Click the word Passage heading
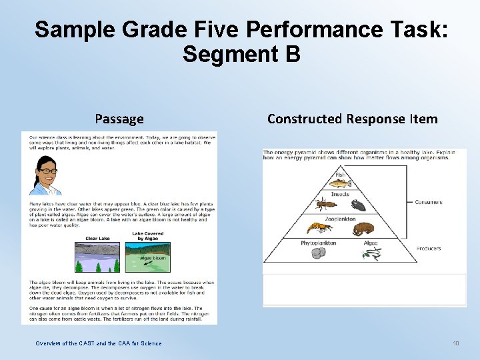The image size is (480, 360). click(119, 119)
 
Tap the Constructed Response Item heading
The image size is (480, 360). click(352, 119)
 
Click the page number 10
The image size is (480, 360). click(456, 343)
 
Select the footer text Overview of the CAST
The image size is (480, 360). click(99, 343)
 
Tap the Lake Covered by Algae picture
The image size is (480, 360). click(148, 257)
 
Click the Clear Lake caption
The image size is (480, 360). click(97, 238)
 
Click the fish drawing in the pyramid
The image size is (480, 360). click(341, 183)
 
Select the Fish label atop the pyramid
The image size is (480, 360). click(339, 175)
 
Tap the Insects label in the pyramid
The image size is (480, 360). click(340, 194)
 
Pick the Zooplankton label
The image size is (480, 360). click(341, 219)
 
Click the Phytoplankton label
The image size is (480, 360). click(318, 243)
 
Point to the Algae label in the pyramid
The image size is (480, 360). click(370, 243)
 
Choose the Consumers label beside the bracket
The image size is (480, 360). click(428, 202)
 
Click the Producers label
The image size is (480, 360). click(429, 249)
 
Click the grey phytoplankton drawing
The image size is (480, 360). click(318, 253)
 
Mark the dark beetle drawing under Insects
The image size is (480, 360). click(358, 205)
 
